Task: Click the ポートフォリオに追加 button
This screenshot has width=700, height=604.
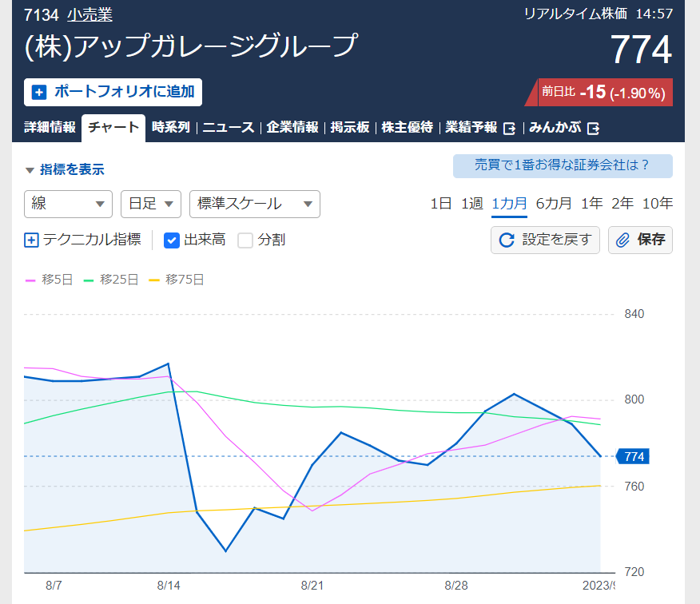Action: [x=113, y=92]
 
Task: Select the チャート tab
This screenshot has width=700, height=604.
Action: [x=113, y=128]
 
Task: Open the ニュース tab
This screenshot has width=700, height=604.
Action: [x=228, y=128]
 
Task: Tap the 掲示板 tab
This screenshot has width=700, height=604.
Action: [x=350, y=128]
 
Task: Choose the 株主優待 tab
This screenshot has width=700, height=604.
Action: [x=408, y=128]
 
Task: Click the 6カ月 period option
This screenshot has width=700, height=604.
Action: [x=554, y=203]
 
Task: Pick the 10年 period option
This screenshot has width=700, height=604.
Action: [x=657, y=203]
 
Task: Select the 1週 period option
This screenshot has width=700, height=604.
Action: [x=471, y=203]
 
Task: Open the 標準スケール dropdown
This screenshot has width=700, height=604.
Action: [x=254, y=204]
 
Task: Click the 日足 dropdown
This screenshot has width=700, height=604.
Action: [x=150, y=204]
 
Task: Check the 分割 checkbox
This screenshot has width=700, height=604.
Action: [x=245, y=240]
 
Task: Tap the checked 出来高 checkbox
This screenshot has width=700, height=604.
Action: [x=172, y=240]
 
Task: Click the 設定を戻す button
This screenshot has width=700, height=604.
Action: [x=545, y=240]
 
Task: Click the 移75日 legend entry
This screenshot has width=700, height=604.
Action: [x=177, y=280]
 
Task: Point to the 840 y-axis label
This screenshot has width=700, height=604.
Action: [x=634, y=314]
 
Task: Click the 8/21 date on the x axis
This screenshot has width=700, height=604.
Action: [x=312, y=585]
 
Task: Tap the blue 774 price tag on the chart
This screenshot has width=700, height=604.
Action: [x=634, y=456]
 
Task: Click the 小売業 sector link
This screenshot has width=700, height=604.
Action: [x=89, y=15]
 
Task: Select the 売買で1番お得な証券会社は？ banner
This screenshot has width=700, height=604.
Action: [x=563, y=166]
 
